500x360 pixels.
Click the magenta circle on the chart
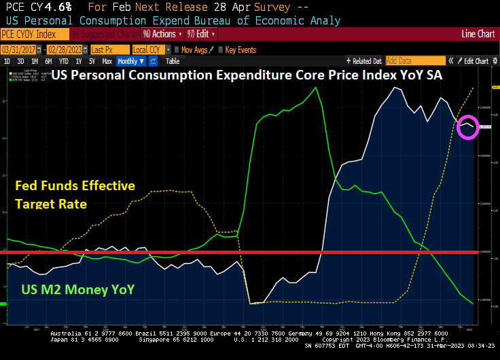tap(468, 127)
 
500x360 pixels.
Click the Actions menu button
tap(162, 33)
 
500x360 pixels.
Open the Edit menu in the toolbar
tap(200, 33)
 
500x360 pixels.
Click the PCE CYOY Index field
tap(29, 33)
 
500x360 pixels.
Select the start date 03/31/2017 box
tap(19, 50)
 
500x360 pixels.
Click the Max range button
tap(107, 61)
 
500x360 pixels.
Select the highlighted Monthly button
tap(130, 61)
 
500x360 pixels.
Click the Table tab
tap(173, 61)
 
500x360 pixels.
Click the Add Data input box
tap(410, 61)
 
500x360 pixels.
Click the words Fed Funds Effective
tap(75, 185)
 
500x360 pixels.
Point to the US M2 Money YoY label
tap(77, 290)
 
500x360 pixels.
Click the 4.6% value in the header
tap(60, 7)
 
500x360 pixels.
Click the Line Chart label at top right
tap(478, 33)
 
